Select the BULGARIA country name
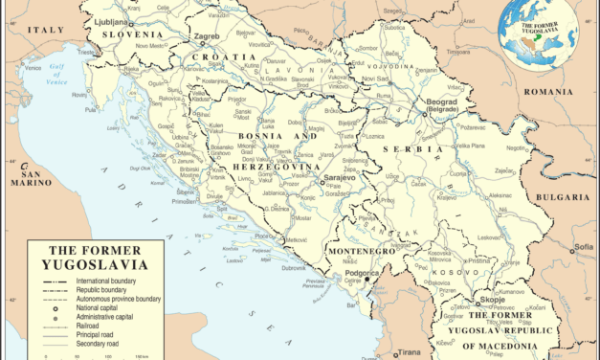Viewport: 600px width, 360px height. point(562,198)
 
